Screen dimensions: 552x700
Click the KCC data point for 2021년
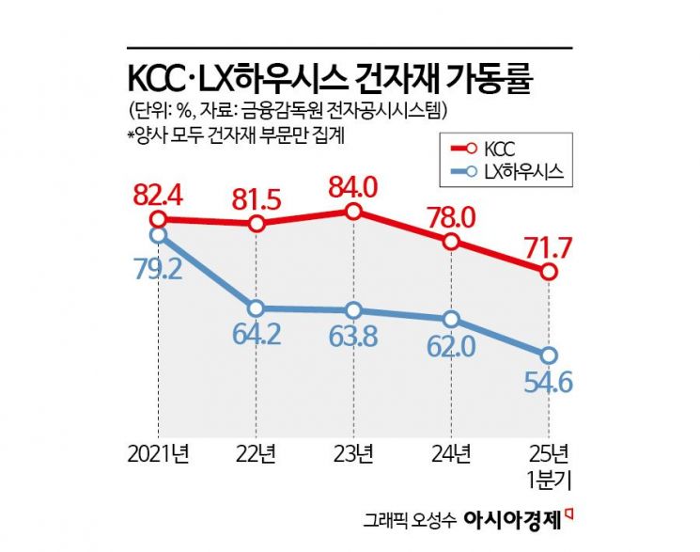click(x=158, y=219)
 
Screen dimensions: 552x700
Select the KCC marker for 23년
click(x=353, y=212)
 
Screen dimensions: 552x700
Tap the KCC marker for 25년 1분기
click(x=549, y=272)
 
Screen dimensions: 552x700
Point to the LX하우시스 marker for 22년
click(x=256, y=308)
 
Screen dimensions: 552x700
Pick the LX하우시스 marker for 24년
click(x=452, y=318)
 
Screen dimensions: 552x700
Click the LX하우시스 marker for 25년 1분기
click(x=549, y=355)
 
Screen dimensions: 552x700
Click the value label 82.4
click(x=159, y=197)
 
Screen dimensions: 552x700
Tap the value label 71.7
click(x=550, y=248)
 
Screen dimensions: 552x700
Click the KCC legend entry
click(x=488, y=148)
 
